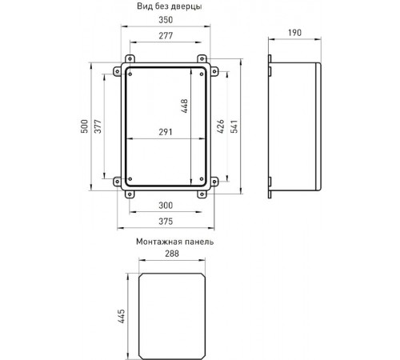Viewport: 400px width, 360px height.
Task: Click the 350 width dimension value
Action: click(x=166, y=20)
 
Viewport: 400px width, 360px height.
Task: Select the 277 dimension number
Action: click(x=166, y=36)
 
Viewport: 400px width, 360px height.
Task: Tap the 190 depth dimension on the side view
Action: click(x=294, y=33)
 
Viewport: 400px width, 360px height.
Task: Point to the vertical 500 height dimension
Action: click(x=84, y=126)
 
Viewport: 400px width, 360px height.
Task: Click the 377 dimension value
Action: click(x=98, y=126)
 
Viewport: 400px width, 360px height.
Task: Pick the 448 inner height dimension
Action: click(x=184, y=106)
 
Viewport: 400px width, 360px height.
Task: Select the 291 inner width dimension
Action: click(x=166, y=132)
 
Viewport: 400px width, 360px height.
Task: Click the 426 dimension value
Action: click(x=221, y=126)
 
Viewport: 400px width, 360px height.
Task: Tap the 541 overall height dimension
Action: click(x=234, y=126)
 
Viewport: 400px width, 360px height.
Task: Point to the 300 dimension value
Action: click(x=166, y=206)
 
